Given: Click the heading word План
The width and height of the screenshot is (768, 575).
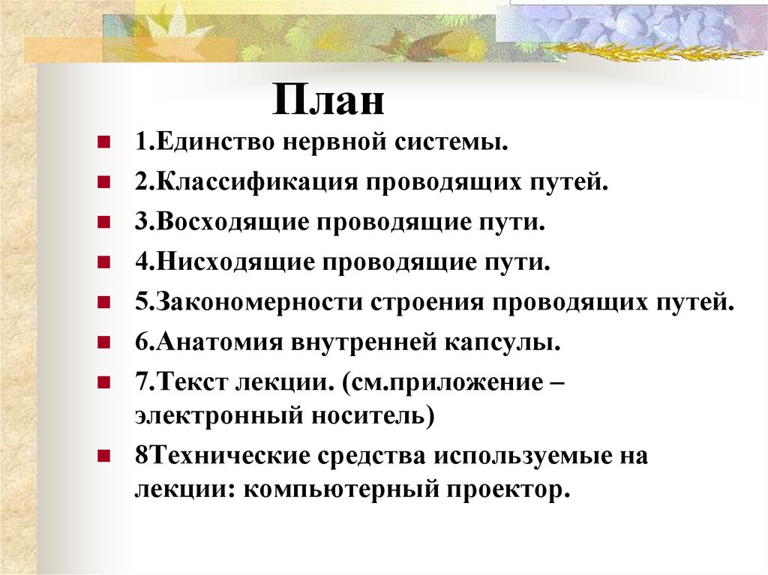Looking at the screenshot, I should tap(328, 100).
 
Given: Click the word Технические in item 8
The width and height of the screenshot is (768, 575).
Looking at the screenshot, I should tap(226, 456).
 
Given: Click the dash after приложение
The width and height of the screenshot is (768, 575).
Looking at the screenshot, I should tap(555, 384).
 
